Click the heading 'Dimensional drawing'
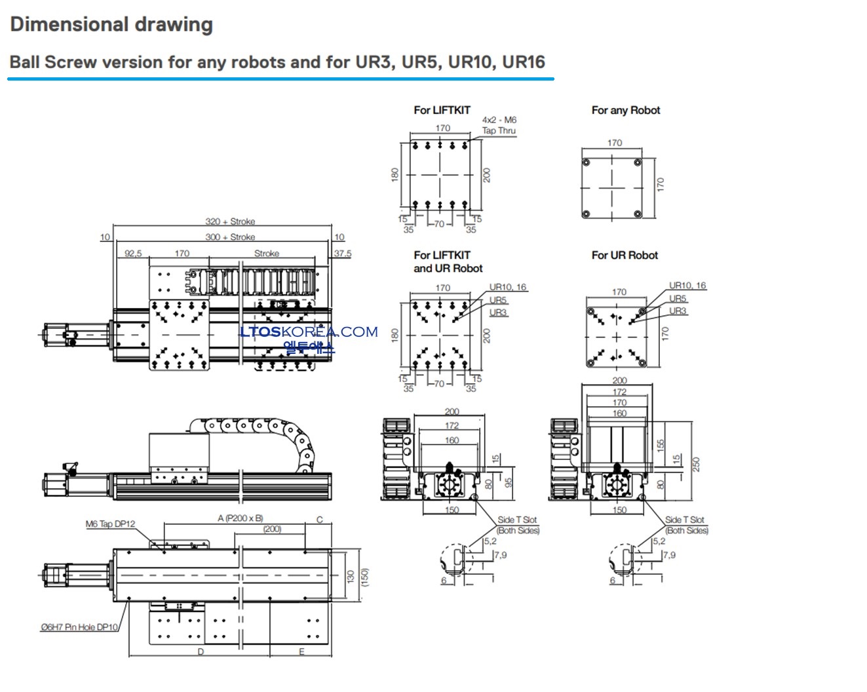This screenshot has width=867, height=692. point(111,25)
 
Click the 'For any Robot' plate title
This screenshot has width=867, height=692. point(625,110)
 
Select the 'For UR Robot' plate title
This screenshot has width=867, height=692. point(625,255)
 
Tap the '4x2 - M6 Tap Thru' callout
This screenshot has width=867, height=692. point(499,125)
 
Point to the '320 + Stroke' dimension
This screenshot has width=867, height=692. point(230,221)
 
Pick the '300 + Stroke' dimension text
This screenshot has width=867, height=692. point(230,237)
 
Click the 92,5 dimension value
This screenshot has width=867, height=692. point(133,253)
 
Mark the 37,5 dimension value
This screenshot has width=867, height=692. point(342,253)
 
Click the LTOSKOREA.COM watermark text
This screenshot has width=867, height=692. point(309,332)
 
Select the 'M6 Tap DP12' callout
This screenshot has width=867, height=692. point(110,524)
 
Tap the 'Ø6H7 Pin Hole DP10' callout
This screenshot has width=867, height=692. point(79,627)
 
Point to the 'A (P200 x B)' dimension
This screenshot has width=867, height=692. point(240,518)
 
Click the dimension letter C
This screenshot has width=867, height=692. point(320,520)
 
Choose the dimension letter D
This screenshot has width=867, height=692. point(201,651)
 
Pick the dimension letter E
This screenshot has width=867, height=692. point(301,651)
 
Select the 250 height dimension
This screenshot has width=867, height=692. point(697,463)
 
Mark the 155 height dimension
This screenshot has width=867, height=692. point(661,446)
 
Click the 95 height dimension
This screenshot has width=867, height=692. point(509,482)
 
